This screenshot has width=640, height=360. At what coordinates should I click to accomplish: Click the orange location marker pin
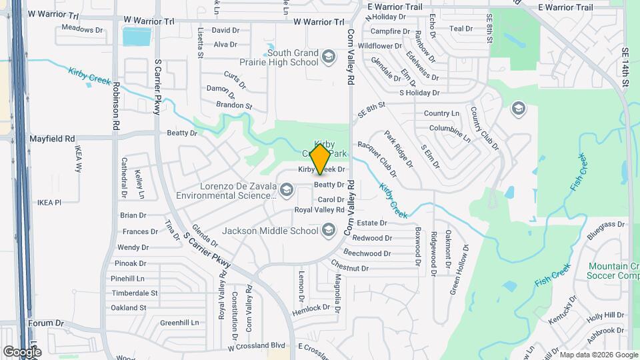(x=321, y=159)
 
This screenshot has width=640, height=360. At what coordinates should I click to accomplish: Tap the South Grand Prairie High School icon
(x=327, y=57)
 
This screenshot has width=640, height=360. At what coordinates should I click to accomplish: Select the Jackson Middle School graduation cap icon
(x=327, y=231)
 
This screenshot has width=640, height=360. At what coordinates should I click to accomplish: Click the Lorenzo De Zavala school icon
(x=287, y=191)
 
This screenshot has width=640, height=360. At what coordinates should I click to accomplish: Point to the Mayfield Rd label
(x=52, y=139)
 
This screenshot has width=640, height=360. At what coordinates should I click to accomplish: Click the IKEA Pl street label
(x=49, y=202)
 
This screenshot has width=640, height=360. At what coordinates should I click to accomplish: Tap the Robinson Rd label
(x=116, y=106)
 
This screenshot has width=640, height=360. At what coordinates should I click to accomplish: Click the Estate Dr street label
(x=372, y=222)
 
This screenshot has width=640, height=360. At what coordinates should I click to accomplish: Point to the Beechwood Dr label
(x=367, y=253)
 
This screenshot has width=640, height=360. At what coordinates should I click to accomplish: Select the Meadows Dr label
(x=82, y=29)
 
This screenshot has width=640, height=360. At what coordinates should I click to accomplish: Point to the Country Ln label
(x=441, y=113)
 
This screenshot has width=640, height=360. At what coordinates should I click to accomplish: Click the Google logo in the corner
(x=22, y=351)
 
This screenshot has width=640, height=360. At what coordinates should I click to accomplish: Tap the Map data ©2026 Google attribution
(x=597, y=355)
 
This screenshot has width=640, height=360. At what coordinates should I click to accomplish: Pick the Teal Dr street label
(x=461, y=29)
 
